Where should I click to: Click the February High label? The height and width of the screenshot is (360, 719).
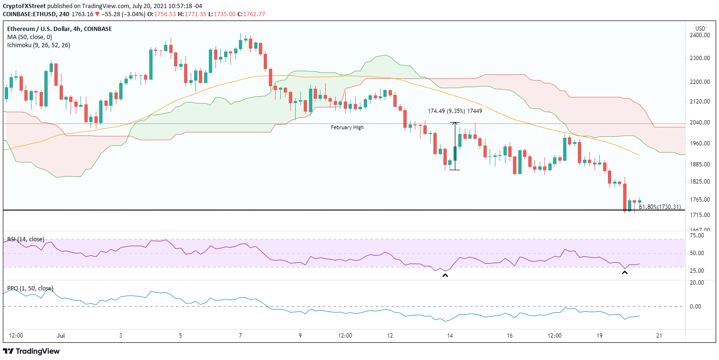tap(347, 128)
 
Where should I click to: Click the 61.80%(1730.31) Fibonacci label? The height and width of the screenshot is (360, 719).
tap(660, 207)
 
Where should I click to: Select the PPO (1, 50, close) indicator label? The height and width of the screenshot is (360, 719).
tap(30, 288)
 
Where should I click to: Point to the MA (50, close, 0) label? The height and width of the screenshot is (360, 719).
tap(29, 37)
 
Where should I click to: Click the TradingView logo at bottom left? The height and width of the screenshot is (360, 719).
tap(32, 351)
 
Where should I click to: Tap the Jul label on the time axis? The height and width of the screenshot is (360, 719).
tap(61, 336)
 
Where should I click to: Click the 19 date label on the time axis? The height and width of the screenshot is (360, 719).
tap(599, 336)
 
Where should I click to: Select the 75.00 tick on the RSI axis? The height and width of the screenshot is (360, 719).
tap(698, 236)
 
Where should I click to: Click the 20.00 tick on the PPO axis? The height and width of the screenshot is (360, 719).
tap(698, 283)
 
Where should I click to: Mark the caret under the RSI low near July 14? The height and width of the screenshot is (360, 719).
tap(445, 275)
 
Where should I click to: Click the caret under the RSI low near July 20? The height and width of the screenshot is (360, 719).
tap(625, 273)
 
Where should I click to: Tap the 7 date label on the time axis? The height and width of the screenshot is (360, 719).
tap(240, 336)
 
